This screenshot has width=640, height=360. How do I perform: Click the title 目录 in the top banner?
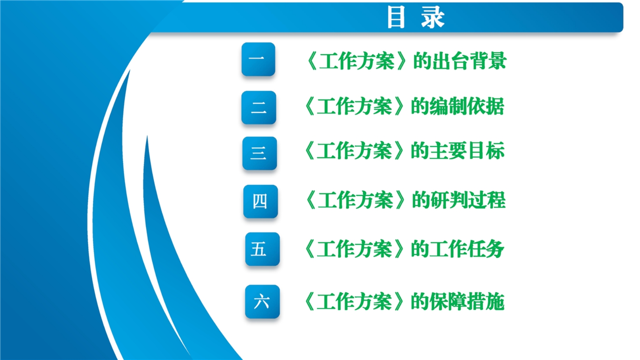(416, 18)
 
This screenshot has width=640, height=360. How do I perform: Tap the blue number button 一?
(258, 59)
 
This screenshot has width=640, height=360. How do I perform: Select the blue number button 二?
(259, 107)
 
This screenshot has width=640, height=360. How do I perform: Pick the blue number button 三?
(259, 153)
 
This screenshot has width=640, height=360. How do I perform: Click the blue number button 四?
(260, 202)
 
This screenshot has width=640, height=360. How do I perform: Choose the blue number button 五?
(262, 249)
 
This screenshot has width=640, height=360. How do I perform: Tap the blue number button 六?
(262, 302)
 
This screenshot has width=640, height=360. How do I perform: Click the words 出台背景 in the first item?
(469, 60)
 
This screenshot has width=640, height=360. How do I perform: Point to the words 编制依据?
(467, 106)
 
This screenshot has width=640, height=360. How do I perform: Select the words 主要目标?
(467, 151)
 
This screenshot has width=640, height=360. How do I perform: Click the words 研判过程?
(468, 200)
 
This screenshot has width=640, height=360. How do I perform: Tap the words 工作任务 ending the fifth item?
(467, 249)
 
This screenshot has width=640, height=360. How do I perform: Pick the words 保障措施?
(467, 302)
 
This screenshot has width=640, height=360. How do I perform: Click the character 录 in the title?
(433, 18)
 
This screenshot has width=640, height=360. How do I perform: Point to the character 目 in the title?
(396, 18)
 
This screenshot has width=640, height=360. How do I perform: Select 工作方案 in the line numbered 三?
(354, 151)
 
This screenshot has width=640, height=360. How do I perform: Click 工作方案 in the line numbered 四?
(355, 200)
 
